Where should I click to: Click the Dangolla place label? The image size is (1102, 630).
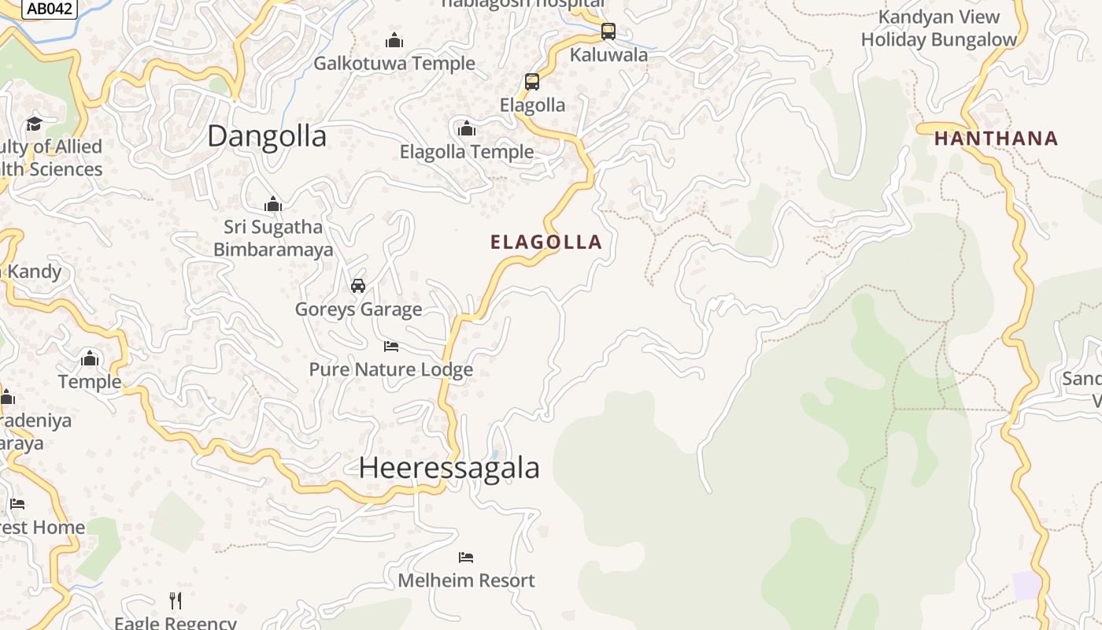pos(267,136)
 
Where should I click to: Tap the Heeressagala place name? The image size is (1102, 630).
pos(449,468)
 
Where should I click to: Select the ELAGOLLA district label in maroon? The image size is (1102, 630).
pos(546,242)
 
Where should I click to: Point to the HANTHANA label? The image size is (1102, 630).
pos(996,139)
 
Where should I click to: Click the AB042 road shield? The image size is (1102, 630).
pos(49,9)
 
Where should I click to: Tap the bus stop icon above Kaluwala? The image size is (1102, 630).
pos(608,31)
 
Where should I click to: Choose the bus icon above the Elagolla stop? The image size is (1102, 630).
pos(532,82)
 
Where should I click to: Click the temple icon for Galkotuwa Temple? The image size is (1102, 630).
pos(394,40)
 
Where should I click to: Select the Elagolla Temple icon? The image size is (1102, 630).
pos(467,128)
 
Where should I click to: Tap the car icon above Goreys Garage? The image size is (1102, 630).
pos(358,285)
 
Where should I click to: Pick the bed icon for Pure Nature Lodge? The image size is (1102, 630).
pos(391,346)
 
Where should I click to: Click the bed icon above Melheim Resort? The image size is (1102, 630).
pos(466,558)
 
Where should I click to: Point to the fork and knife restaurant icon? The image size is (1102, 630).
pos(176,601)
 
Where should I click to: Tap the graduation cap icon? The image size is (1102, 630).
pos(34,124)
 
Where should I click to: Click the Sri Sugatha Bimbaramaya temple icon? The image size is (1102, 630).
pos(273,205)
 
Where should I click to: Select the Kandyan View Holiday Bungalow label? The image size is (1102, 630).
pos(938,28)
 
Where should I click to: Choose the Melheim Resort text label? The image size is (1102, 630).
pos(466,580)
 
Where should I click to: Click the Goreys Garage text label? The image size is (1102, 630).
pos(358,309)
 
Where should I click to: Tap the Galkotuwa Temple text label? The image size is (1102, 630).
pos(394,63)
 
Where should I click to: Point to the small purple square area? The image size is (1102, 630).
pos(1026,585)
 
